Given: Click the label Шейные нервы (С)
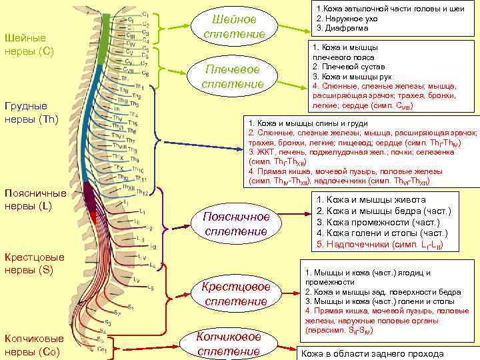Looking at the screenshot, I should (29, 44).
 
